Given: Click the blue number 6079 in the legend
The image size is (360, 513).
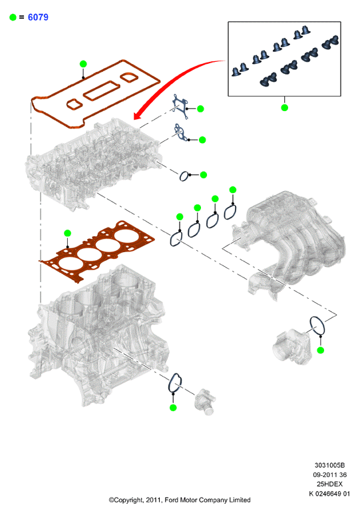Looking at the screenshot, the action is coord(38,17).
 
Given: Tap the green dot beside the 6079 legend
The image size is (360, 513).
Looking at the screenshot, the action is coord(13,17).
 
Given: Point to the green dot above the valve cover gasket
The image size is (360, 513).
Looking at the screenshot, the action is coord(83,64).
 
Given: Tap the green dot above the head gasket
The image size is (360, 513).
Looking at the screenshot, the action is coord(67,234).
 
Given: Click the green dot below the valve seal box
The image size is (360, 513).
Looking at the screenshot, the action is coord(284,107).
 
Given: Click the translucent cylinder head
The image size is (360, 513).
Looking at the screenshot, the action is coord(93,164).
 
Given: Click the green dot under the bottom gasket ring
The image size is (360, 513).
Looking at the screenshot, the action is coord(173,407).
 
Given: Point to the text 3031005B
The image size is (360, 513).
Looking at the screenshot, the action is coord(329,465).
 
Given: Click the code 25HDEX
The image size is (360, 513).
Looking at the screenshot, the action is coord(329,484).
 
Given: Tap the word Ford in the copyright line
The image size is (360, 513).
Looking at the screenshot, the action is coord(172,500).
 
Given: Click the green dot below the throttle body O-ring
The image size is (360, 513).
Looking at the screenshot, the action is coord(321,350).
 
